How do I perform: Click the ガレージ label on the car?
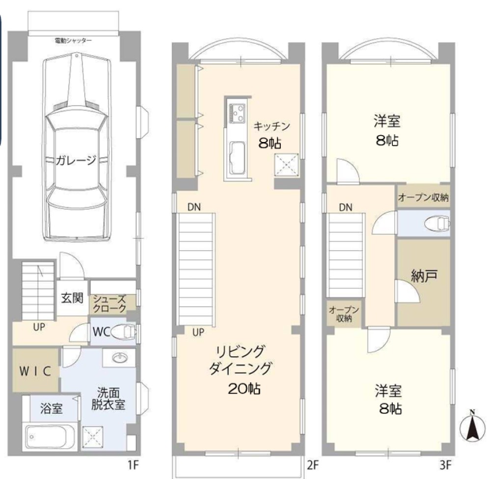(76, 160)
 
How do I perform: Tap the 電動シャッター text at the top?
(74, 40)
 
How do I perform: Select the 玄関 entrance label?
(72, 298)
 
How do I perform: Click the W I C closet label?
(35, 371)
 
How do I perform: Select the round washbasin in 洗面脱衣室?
(119, 357)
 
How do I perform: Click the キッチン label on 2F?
(272, 126)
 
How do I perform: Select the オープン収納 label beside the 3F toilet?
(423, 198)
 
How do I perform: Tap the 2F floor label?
(313, 463)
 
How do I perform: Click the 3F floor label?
(446, 463)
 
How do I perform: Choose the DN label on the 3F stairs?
(345, 207)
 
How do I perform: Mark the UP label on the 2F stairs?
(198, 332)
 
